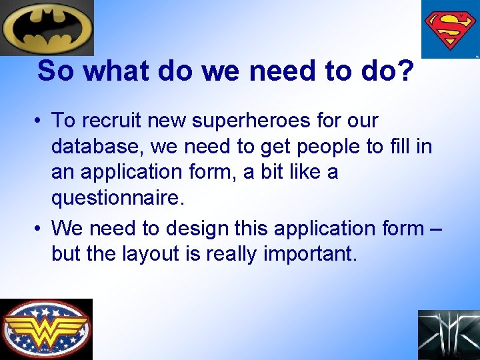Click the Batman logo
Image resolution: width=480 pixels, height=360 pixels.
pyautogui.click(x=47, y=27)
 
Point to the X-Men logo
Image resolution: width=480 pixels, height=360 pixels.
pyautogui.click(x=449, y=335)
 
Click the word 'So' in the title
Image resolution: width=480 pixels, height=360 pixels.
pyautogui.click(x=54, y=71)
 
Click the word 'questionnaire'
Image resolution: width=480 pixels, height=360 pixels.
pyautogui.click(x=115, y=198)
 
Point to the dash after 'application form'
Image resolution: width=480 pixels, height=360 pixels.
pyautogui.click(x=436, y=229)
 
